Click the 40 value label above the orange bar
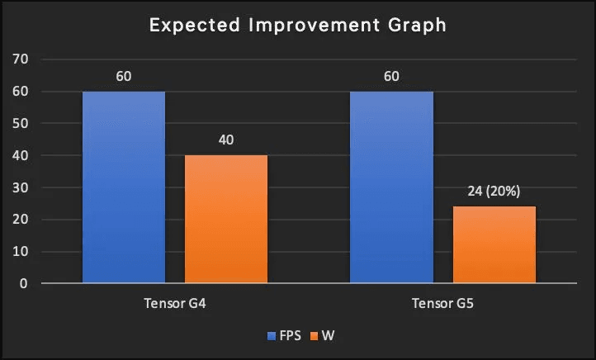point(226,140)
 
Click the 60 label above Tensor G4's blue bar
point(124,76)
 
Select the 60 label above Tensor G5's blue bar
point(391,76)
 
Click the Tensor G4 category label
point(175,305)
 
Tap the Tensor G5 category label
point(442,305)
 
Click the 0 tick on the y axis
point(25,284)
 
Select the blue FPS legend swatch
point(271,337)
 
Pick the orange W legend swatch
point(313,337)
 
